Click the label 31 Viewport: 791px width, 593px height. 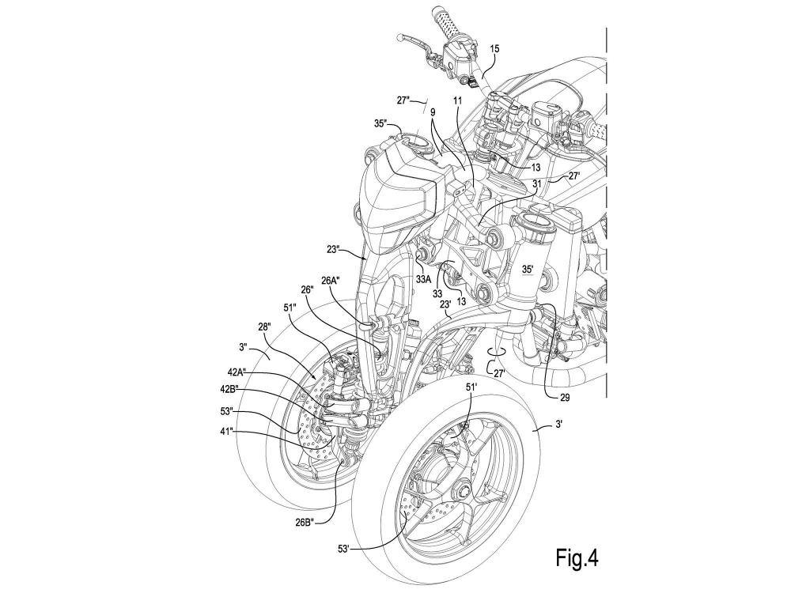click(537, 183)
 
